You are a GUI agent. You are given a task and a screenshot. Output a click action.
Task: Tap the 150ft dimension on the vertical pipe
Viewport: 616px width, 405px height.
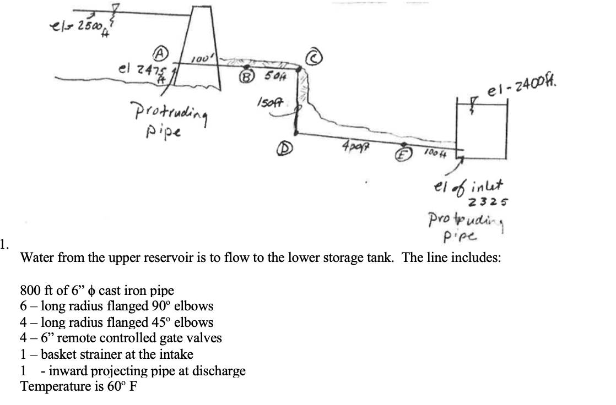pyautogui.click(x=267, y=101)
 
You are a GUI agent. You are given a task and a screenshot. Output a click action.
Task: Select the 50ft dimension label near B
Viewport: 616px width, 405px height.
pyautogui.click(x=273, y=76)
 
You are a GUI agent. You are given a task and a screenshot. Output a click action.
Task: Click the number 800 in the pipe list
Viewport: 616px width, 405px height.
pyautogui.click(x=30, y=291)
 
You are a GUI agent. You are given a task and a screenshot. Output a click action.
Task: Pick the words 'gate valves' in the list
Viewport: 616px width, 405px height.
pyautogui.click(x=191, y=337)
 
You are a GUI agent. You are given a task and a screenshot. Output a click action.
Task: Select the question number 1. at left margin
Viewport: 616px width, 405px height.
pyautogui.click(x=4, y=244)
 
